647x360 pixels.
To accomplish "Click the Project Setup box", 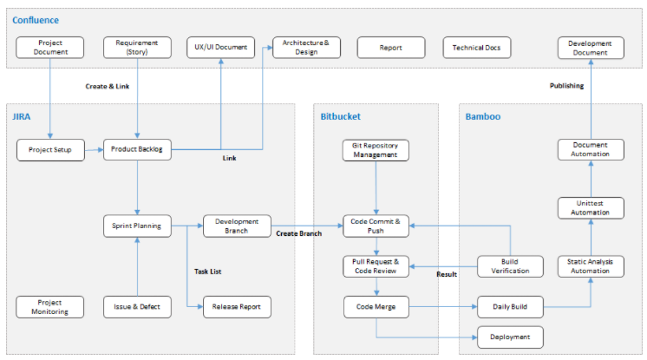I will click(50, 150).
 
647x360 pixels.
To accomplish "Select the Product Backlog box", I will click(137, 150).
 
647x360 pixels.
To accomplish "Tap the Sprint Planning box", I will click(137, 226).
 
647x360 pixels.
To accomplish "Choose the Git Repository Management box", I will click(376, 150).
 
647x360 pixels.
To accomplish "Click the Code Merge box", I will click(376, 306).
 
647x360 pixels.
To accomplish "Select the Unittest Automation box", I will click(590, 207).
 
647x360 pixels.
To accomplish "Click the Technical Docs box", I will click(476, 47).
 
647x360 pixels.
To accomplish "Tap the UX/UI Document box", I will click(221, 47).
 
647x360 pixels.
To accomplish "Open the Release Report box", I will click(237, 306).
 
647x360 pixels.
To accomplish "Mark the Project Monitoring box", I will click(50, 306).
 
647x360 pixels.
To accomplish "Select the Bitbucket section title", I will click(340, 115).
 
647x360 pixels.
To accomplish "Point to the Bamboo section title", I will click(482, 115).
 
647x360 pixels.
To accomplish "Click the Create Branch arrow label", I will click(299, 234).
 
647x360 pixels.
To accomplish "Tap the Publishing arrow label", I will click(566, 85).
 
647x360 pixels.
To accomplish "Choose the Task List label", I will click(207, 272).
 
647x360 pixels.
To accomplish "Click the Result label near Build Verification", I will click(447, 274).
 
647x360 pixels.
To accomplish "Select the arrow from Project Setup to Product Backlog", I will click(94, 150).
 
